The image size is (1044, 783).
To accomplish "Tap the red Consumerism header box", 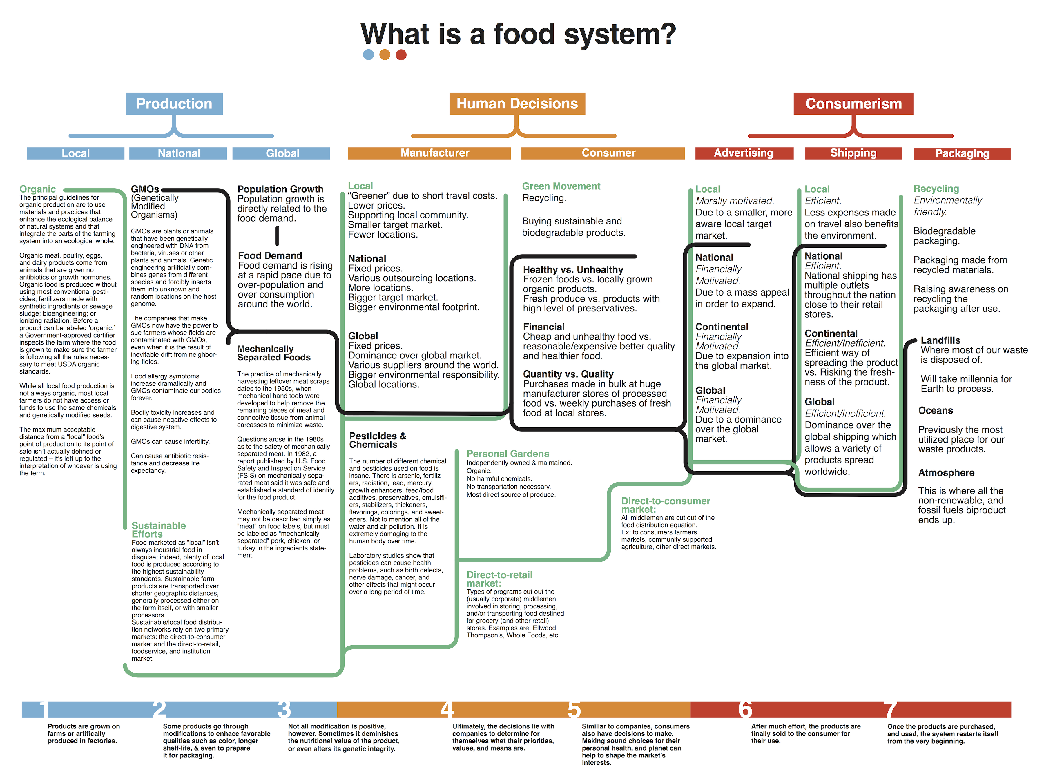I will pos(853,103).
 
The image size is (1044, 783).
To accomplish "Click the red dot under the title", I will pos(401,55).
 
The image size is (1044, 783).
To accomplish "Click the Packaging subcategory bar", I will pos(962,153).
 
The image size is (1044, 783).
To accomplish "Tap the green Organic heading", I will pos(37,189).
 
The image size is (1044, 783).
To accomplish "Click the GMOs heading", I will pos(145,189).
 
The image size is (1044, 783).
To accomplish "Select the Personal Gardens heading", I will pos(507,454).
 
